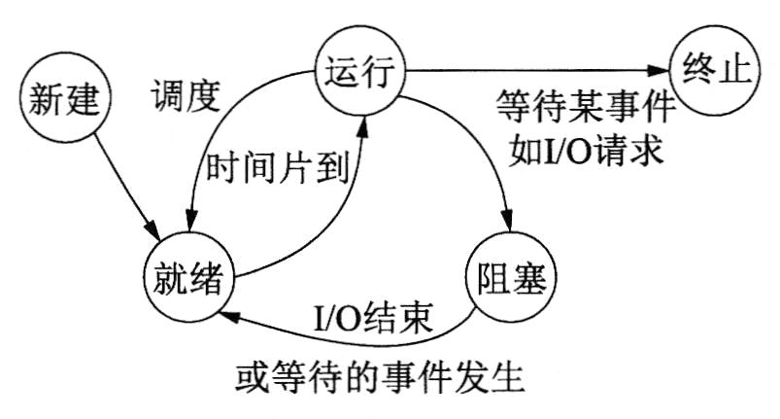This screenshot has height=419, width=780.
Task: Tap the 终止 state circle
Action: [711, 71]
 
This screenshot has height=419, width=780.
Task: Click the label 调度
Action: [186, 95]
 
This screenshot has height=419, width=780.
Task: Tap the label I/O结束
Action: [373, 318]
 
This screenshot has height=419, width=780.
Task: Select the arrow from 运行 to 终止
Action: [534, 70]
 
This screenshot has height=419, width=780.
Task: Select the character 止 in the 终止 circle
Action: [729, 71]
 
